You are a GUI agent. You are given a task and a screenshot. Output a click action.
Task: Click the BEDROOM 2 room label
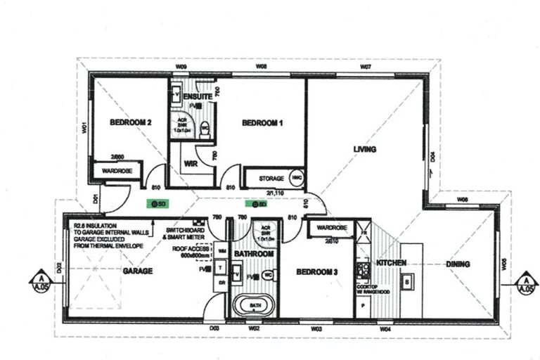pos(131,122)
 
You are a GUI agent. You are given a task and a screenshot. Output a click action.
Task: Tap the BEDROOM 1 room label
pos(262,123)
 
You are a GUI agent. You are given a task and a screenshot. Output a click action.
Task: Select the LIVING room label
pos(365,149)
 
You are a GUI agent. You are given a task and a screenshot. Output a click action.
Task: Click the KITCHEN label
pos(390,262)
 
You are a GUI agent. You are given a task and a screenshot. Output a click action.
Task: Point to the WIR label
pos(189,163)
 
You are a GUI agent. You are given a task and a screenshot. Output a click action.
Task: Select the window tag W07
pos(366,66)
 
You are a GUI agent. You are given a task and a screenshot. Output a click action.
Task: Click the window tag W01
pos(84,127)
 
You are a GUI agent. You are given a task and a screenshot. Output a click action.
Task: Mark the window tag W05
pos(504,265)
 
